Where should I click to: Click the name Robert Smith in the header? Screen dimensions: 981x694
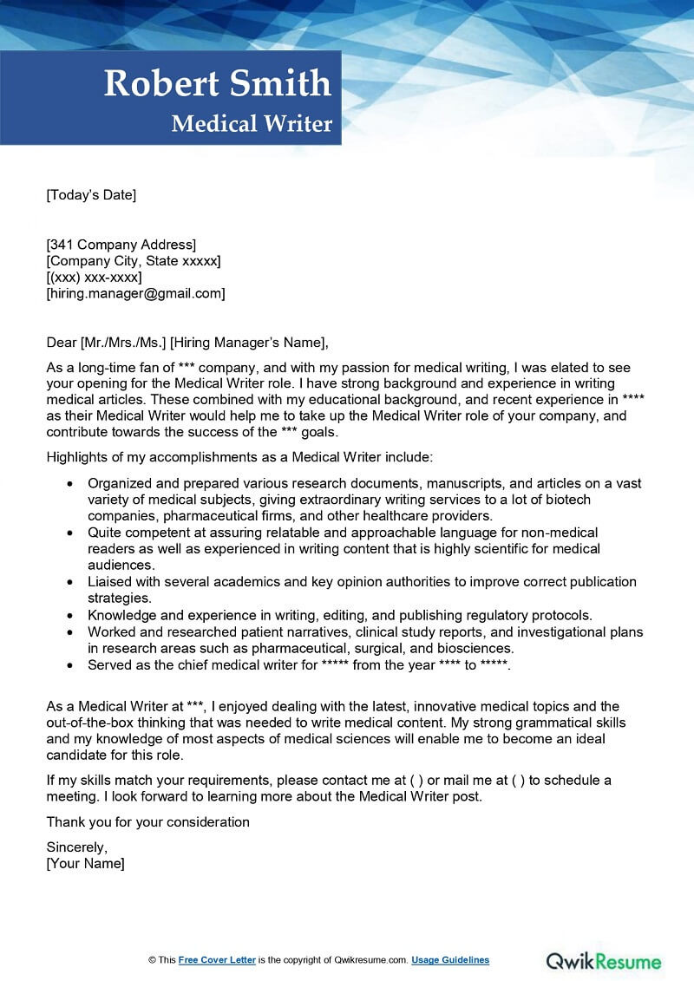pos(218,83)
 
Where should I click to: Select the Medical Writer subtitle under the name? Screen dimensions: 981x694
pos(252,124)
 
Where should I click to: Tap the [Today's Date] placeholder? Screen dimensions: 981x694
pos(91,195)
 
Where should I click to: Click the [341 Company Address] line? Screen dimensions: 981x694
pos(121,245)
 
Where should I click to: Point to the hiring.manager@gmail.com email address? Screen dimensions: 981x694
pos(135,294)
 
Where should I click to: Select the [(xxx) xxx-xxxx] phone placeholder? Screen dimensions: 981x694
pos(94,278)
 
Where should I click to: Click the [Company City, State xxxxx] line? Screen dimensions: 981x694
pos(133,261)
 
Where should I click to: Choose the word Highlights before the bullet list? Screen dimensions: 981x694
pos(76,456)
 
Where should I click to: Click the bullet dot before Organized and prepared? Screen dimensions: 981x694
pos(70,484)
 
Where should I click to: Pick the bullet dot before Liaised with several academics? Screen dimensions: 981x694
pos(70,582)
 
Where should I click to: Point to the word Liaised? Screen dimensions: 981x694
pos(109,582)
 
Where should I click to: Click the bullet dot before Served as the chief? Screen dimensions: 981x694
pos(70,665)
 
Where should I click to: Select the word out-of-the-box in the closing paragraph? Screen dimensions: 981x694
pos(90,723)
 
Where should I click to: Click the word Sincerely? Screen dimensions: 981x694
pos(76,847)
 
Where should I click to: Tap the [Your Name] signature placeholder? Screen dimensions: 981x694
pos(85,864)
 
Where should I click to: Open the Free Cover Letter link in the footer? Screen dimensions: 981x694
pos(217,960)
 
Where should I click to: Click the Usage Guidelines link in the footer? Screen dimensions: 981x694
pos(450,960)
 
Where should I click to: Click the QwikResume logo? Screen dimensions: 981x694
pos(603,961)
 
